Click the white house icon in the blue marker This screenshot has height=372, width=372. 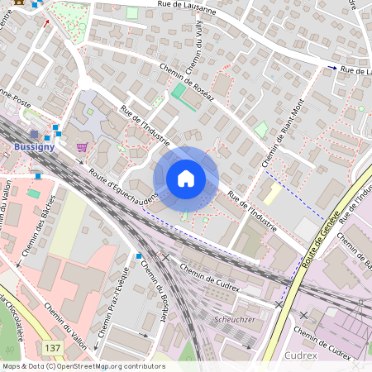[186, 179]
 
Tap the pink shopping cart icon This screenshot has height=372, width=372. [82, 146]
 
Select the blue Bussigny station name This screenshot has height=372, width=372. [35, 146]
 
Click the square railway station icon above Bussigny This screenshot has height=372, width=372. [33, 133]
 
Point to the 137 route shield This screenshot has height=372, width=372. [54, 349]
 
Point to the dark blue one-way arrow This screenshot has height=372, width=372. [332, 68]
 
